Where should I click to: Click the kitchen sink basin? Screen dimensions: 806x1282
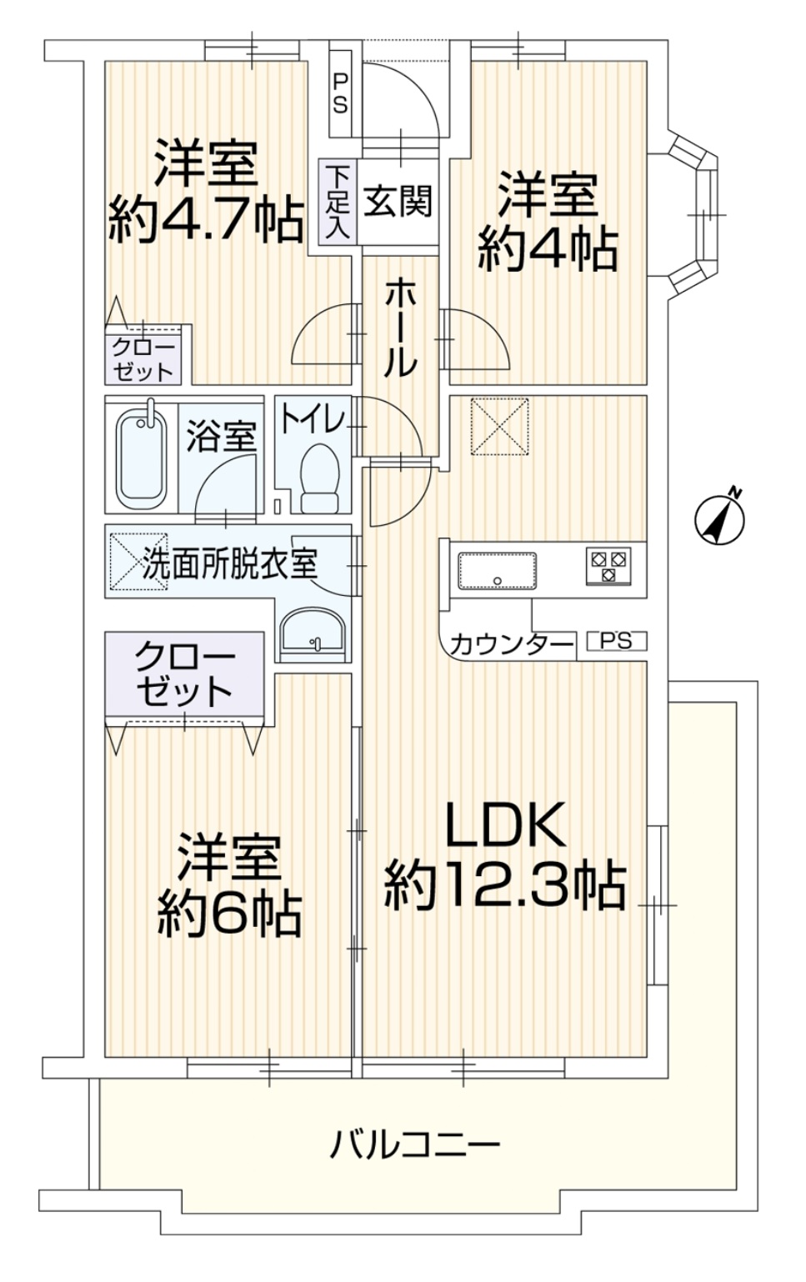pyautogui.click(x=497, y=571)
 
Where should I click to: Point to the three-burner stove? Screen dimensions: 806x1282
pyautogui.click(x=608, y=567)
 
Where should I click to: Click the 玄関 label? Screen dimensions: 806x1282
pyautogui.click(x=398, y=201)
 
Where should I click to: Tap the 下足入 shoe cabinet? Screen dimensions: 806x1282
pyautogui.click(x=338, y=203)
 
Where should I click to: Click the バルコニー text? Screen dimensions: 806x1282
pyautogui.click(x=416, y=1144)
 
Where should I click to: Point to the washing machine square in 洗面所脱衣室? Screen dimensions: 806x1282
pyautogui.click(x=138, y=562)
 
